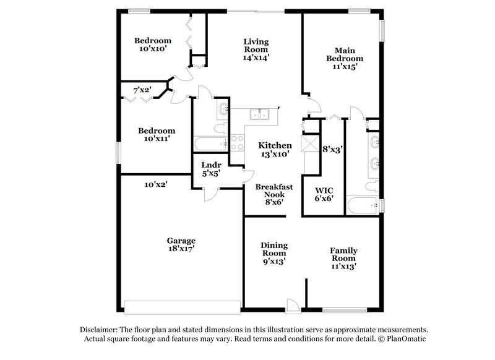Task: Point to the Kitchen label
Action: tap(275, 145)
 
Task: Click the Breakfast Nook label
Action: tap(273, 190)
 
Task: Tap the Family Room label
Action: tap(343, 254)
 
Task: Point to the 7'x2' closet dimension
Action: tap(143, 90)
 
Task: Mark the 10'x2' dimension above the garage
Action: tap(156, 184)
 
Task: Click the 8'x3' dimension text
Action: tap(332, 149)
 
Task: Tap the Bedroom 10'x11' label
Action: tap(156, 135)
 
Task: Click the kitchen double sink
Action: tap(259, 113)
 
